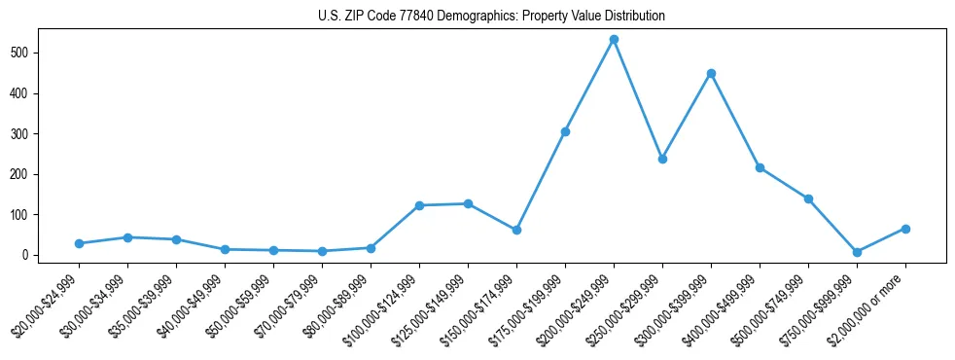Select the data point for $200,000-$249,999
(x=614, y=40)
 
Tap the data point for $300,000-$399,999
(x=711, y=73)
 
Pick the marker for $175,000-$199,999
(x=565, y=131)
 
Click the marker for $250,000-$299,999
(x=662, y=159)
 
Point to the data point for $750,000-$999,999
(x=857, y=252)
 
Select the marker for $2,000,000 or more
(x=905, y=229)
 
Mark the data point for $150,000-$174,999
(x=516, y=230)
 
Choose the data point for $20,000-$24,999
(x=79, y=243)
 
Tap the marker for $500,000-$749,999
(x=808, y=198)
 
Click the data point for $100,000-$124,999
(x=419, y=205)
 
